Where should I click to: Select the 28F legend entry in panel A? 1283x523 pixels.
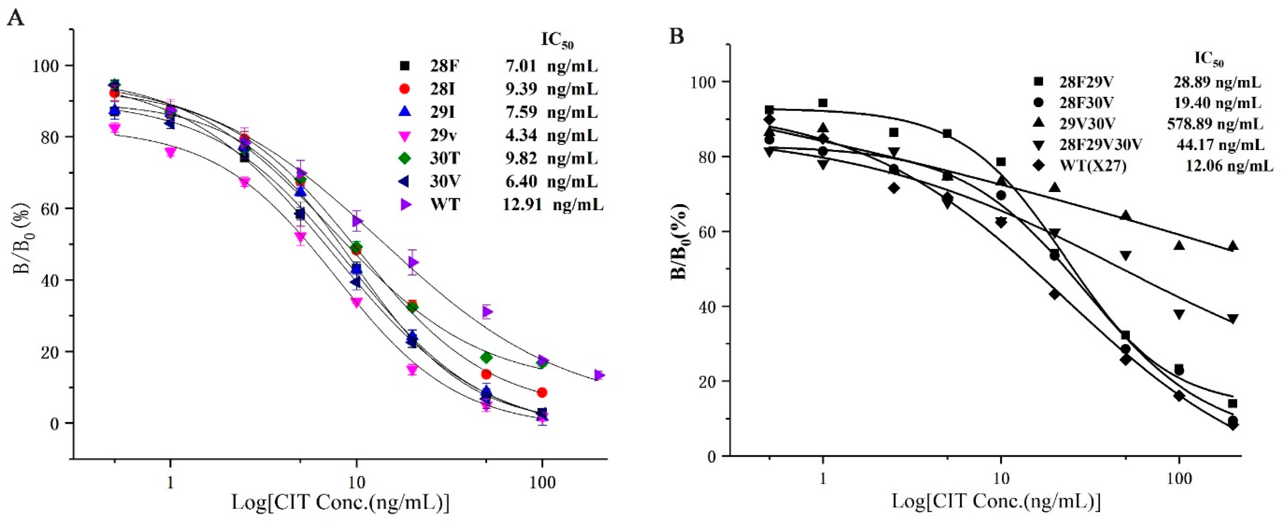[x=445, y=66]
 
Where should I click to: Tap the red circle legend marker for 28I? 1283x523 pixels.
[x=405, y=89]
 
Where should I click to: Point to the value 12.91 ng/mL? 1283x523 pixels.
[x=553, y=204]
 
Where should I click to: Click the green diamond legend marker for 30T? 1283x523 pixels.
[x=405, y=158]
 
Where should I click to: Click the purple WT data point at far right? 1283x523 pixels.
[x=599, y=375]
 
